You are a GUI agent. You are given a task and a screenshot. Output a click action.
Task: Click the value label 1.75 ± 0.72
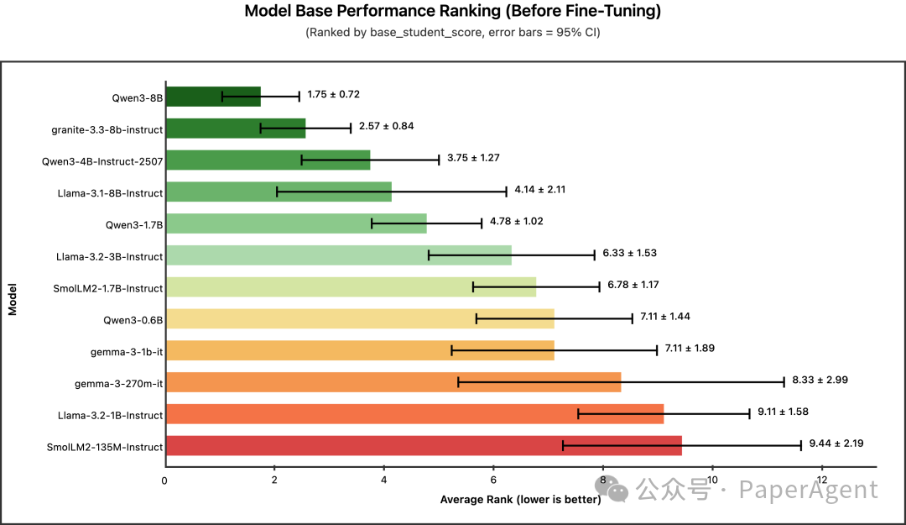click(x=333, y=94)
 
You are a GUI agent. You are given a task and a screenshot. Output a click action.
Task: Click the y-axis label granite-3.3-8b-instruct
click(x=107, y=129)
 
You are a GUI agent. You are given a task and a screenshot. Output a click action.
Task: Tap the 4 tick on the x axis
click(x=383, y=480)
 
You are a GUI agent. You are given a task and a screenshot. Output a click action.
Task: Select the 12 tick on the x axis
click(x=821, y=480)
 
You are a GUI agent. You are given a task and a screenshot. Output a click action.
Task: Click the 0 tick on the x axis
click(x=165, y=480)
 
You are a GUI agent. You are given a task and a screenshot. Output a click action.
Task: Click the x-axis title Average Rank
click(x=520, y=500)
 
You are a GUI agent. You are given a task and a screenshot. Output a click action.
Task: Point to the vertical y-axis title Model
click(x=13, y=298)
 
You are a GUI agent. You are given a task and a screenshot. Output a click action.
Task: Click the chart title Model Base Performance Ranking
click(x=453, y=12)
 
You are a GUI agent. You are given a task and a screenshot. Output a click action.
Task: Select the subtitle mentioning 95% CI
click(x=453, y=33)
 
